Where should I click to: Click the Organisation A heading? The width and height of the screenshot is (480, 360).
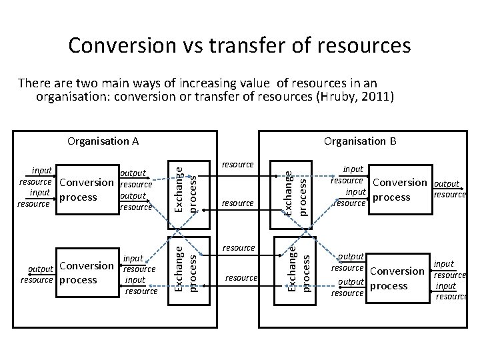pyautogui.click(x=103, y=141)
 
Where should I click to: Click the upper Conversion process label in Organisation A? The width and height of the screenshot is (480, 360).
pyautogui.click(x=86, y=190)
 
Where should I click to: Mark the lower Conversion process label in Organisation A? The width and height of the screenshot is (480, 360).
pyautogui.click(x=87, y=273)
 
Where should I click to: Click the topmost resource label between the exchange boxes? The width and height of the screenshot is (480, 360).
pyautogui.click(x=237, y=164)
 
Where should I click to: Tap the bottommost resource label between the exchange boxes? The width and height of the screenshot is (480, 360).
pyautogui.click(x=241, y=277)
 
